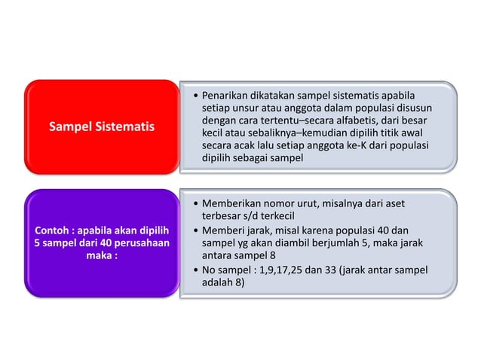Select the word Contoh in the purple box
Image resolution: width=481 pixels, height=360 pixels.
pos(52,230)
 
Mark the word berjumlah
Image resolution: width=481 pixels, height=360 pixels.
pos(351,243)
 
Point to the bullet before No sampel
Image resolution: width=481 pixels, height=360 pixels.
pos(195,270)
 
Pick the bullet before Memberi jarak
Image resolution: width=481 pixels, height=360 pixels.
pos(195,230)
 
